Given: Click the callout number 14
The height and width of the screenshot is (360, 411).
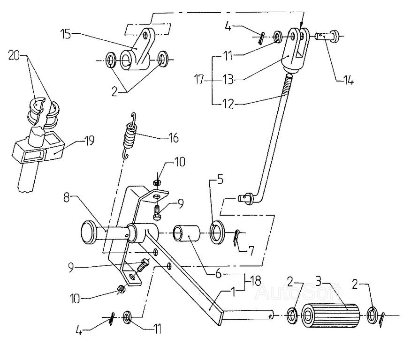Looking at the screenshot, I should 348,80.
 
